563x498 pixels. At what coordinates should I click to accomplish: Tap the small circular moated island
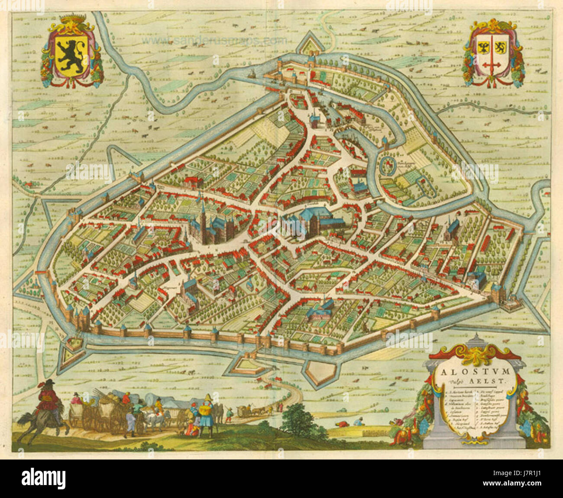pyautogui.click(x=388, y=166)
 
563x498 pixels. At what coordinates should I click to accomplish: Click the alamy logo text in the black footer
pyautogui.click(x=43, y=479)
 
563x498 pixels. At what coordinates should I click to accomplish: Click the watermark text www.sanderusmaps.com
pyautogui.click(x=214, y=40)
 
